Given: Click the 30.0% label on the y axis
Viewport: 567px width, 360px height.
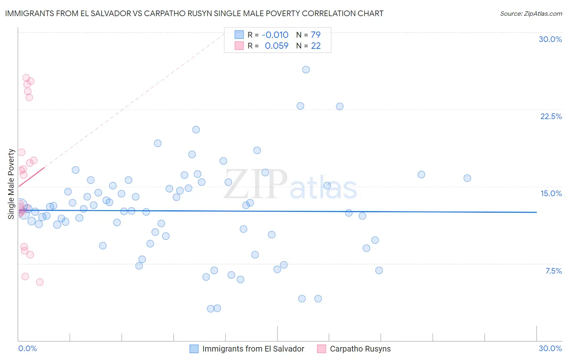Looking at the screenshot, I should click(x=550, y=39).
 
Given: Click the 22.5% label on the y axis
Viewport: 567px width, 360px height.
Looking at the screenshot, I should click(x=551, y=116).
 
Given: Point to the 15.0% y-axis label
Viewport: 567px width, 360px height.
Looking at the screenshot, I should click(x=551, y=193).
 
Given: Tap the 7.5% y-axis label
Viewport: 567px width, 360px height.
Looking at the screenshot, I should click(x=553, y=271).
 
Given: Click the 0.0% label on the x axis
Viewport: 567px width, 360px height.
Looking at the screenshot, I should click(x=27, y=348).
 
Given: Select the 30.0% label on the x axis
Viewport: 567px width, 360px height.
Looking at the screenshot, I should click(x=550, y=348).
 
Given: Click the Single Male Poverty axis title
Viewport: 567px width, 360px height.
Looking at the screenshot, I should click(x=11, y=184).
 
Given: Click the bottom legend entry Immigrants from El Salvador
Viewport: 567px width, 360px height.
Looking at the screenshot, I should click(x=253, y=349).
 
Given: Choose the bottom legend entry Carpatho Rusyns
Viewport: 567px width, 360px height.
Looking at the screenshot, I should click(x=360, y=349).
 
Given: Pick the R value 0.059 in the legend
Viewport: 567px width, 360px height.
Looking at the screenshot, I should click(x=277, y=46).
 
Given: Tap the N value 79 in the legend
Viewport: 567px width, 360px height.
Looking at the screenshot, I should click(x=315, y=35).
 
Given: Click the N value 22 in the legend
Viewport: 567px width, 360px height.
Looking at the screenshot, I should click(x=315, y=46).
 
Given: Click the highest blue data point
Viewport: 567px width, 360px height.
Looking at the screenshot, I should click(x=306, y=69).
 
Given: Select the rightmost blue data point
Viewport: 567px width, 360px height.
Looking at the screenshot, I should click(x=467, y=178).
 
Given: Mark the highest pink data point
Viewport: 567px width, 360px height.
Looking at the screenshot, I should click(x=26, y=77).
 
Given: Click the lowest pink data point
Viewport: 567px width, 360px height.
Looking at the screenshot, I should click(x=40, y=282).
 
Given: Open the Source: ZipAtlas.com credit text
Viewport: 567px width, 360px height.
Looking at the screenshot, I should click(x=531, y=13).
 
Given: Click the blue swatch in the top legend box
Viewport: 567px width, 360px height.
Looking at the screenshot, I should click(x=239, y=35).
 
